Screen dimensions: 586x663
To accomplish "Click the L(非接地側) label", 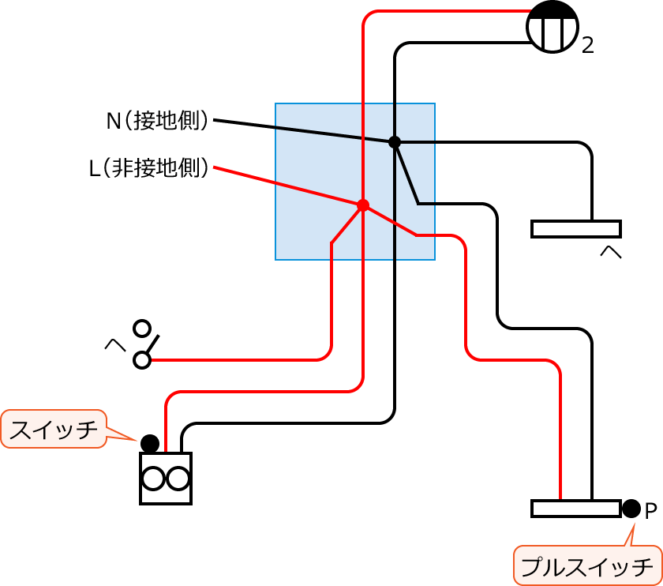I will click(150, 167).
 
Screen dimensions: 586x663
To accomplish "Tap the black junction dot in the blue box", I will click(395, 142).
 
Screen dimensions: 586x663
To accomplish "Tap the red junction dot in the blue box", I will click(363, 205).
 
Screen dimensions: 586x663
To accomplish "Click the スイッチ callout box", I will click(54, 429).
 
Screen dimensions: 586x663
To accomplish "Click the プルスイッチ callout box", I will click(586, 565).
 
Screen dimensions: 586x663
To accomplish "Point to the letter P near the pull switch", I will click(651, 511).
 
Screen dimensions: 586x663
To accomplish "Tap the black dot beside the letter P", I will click(631, 508).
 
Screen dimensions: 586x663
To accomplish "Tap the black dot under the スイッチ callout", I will click(150, 442).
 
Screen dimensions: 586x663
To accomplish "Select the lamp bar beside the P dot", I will click(575, 508).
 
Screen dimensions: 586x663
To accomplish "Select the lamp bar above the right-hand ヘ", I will click(575, 229).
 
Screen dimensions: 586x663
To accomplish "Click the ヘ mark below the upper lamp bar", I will click(612, 253).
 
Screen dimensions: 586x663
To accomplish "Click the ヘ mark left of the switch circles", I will click(115, 345).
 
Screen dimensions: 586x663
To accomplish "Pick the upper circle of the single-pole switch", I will click(142, 327).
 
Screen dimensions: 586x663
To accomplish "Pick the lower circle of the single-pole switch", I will click(142, 360).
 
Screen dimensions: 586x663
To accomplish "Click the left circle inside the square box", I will click(152, 479).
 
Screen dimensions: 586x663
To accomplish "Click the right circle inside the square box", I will click(178, 479).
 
